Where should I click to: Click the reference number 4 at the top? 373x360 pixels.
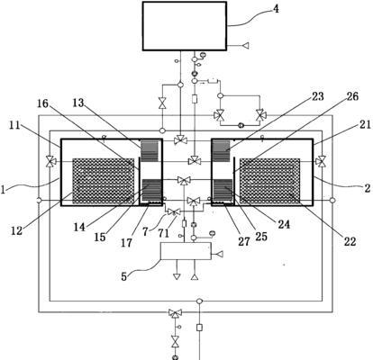tap(275, 9)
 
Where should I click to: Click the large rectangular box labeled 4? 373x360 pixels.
tap(185, 26)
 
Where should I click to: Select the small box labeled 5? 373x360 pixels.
tap(186, 251)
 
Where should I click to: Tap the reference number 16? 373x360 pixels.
tap(42, 103)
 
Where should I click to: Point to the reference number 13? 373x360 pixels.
tap(78, 103)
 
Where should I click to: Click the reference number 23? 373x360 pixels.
tap(318, 96)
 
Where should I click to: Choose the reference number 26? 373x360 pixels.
tap(352, 96)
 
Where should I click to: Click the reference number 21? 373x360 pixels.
tap(365, 124)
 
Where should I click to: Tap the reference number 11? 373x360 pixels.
tap(14, 125)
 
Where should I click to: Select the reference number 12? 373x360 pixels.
tap(17, 230)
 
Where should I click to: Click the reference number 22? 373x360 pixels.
tap(350, 241)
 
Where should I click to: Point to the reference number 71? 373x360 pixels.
tap(164, 233)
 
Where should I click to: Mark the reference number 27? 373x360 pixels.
tap(244, 241)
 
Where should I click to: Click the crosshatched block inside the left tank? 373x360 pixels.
tap(103, 181)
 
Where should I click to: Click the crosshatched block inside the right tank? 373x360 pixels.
tap(269, 181)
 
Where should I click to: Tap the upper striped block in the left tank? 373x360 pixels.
tap(150, 151)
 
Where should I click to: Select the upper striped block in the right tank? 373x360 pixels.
tap(222, 151)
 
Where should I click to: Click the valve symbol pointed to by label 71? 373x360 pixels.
tap(174, 212)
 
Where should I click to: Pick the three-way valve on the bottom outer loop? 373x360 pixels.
tap(175, 313)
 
